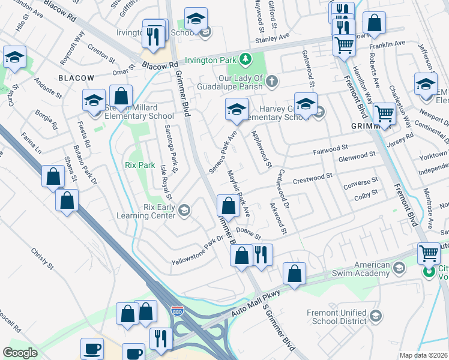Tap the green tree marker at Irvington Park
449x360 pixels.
245,59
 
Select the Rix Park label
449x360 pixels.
140,165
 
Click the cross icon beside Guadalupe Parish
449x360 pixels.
272,81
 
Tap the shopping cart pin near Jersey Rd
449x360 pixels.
384,113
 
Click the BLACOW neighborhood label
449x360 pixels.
76,78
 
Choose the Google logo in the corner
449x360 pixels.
20,353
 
